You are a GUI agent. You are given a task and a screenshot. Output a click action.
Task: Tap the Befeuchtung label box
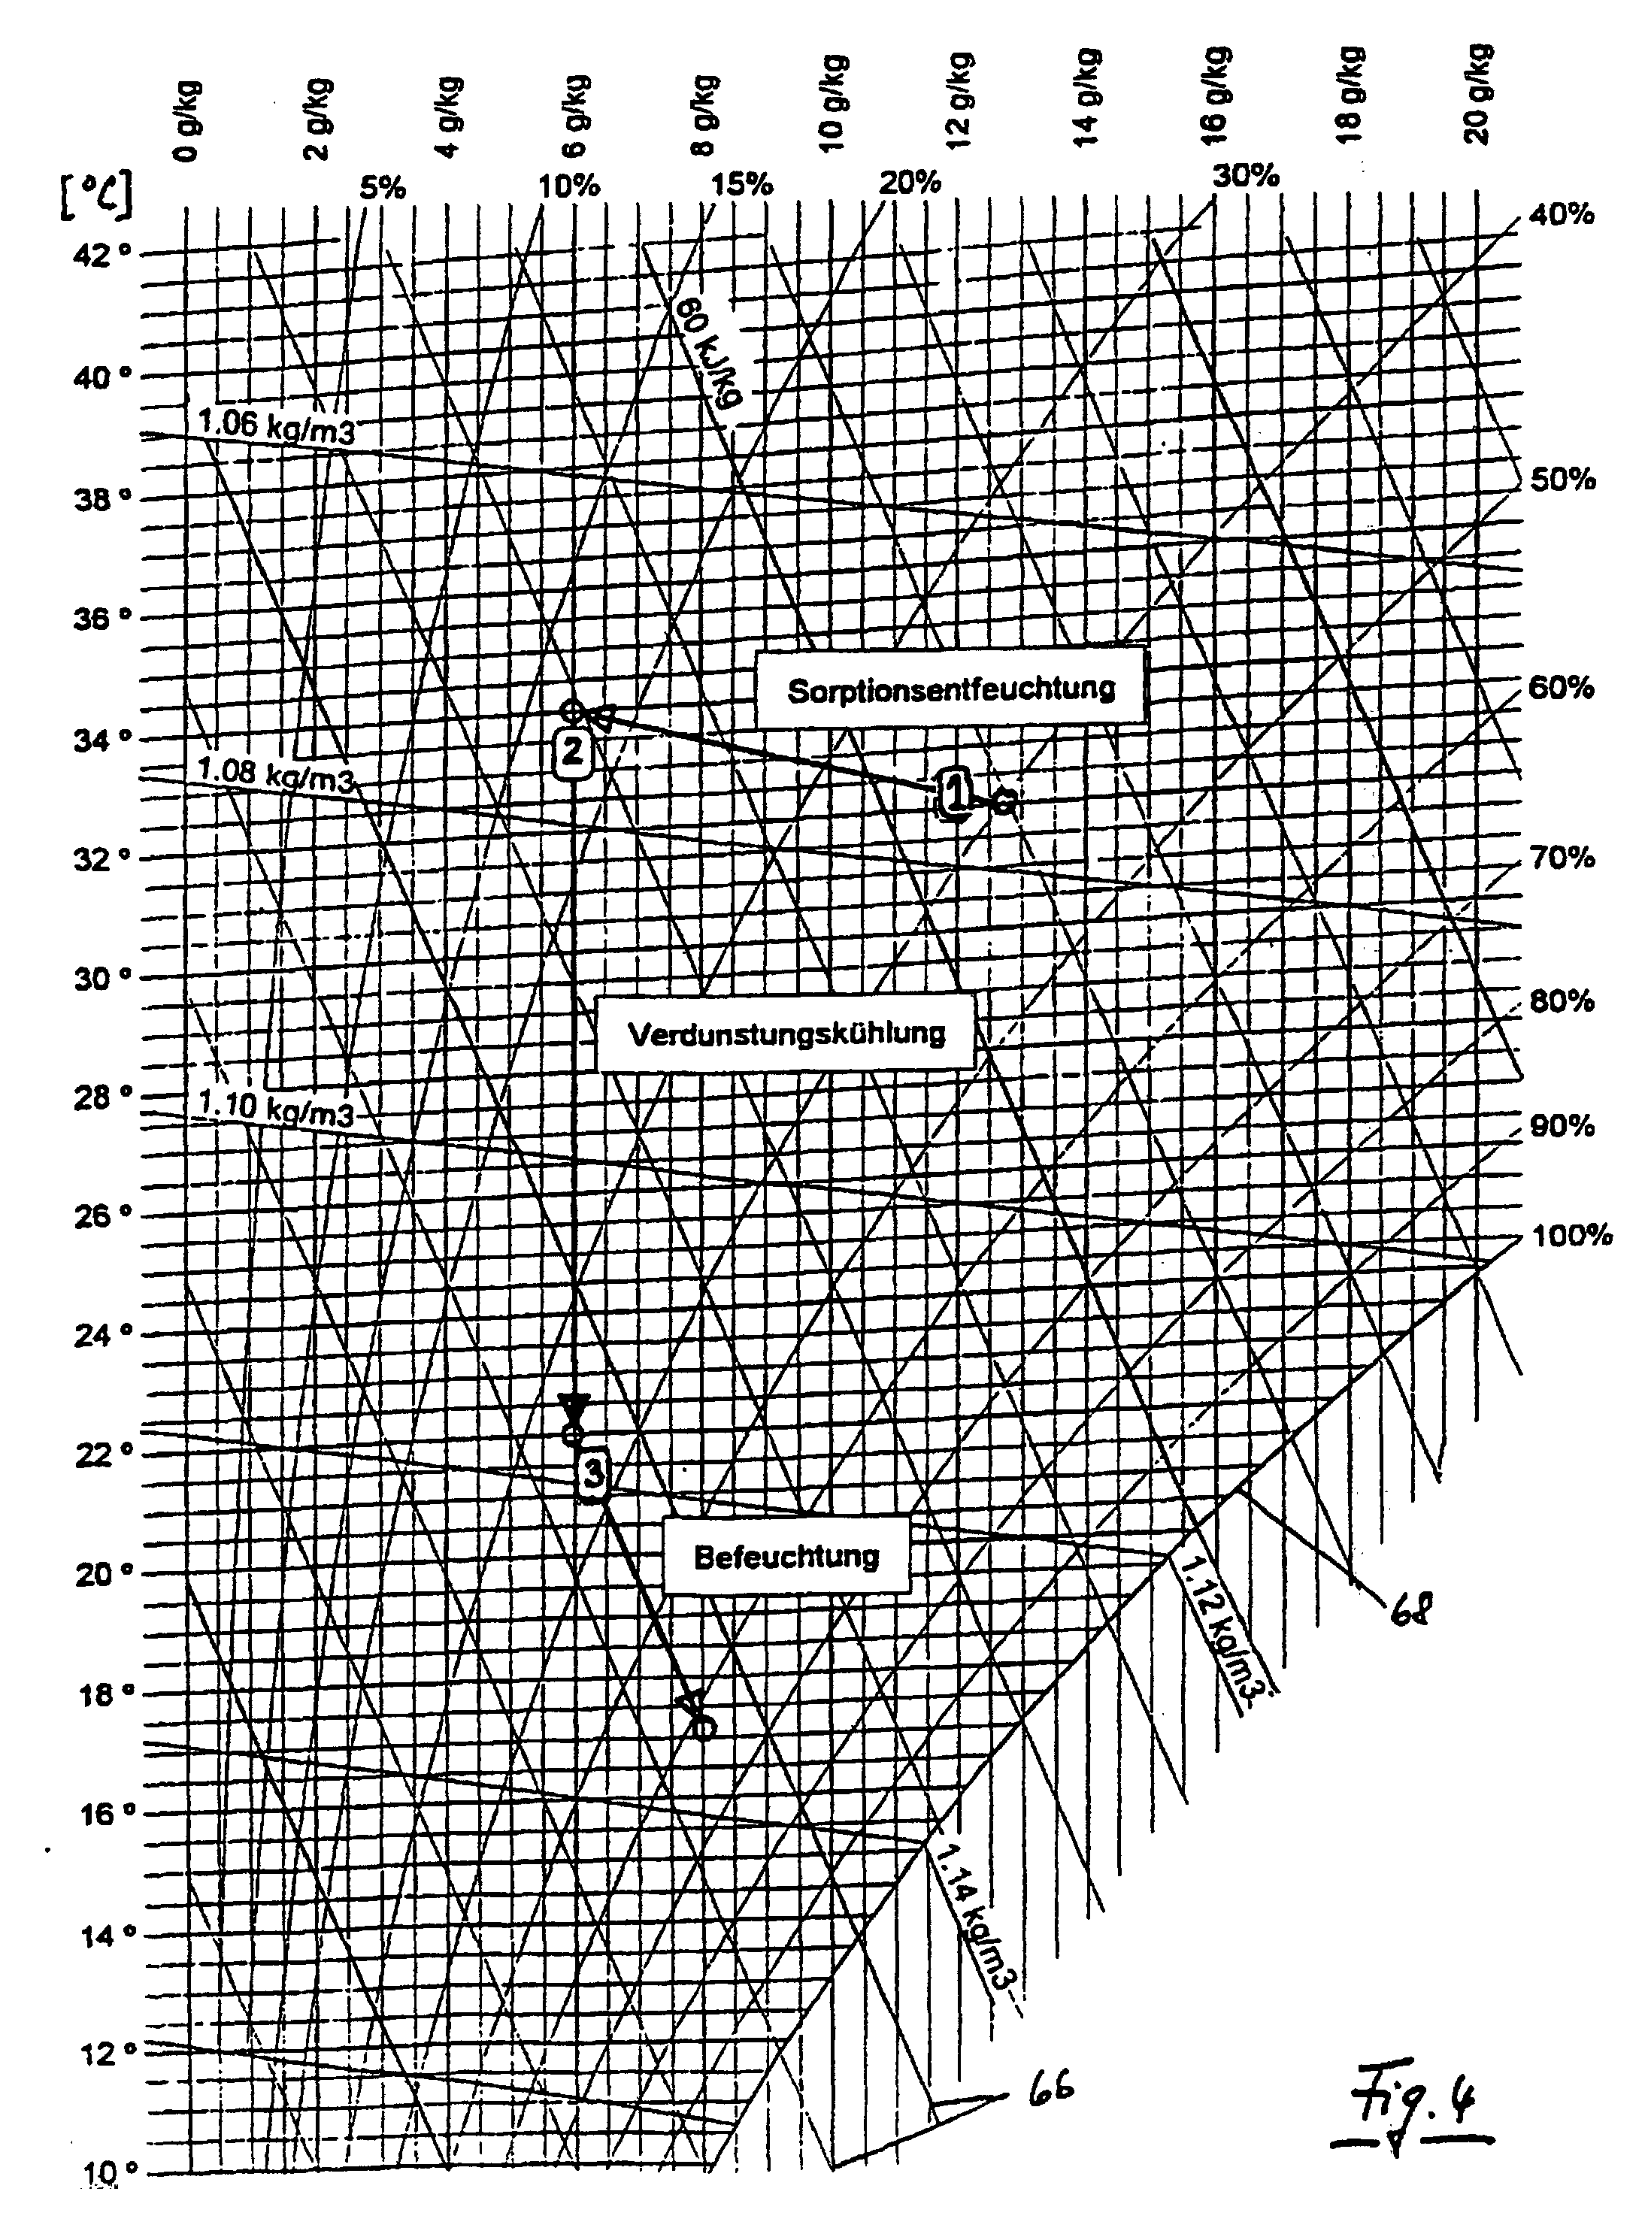point(786,1556)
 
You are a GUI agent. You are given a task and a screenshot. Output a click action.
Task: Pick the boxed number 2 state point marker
point(573,751)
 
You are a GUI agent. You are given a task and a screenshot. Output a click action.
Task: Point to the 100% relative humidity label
point(1571,1237)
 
